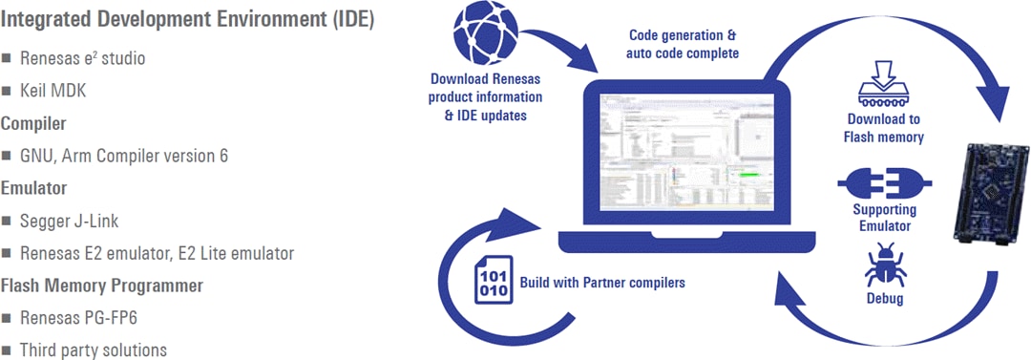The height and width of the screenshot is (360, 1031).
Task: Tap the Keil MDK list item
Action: [59, 92]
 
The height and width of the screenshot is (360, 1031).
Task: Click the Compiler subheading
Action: [33, 123]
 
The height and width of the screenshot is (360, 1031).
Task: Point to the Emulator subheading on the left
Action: [32, 188]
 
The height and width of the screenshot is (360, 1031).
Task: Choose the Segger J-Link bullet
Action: [74, 221]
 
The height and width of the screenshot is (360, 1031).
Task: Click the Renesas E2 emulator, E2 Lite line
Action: [157, 253]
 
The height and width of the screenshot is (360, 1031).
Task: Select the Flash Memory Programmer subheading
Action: [101, 286]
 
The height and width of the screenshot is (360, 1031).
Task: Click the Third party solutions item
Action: [93, 350]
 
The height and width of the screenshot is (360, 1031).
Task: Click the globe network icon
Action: [486, 35]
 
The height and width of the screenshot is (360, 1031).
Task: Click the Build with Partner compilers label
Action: [602, 284]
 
